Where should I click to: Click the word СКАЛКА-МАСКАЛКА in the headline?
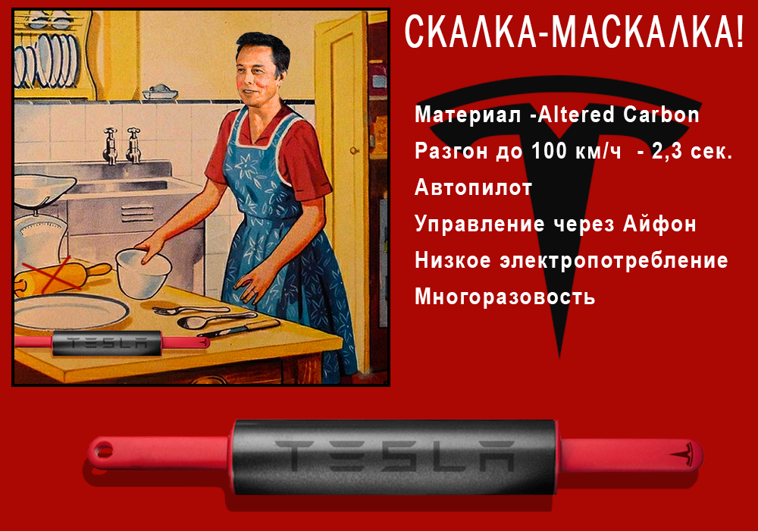[x=574, y=33]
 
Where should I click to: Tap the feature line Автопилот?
[x=474, y=187]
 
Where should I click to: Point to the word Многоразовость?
[x=505, y=297]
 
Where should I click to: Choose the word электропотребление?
[x=613, y=260]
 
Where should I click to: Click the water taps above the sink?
[x=122, y=143]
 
